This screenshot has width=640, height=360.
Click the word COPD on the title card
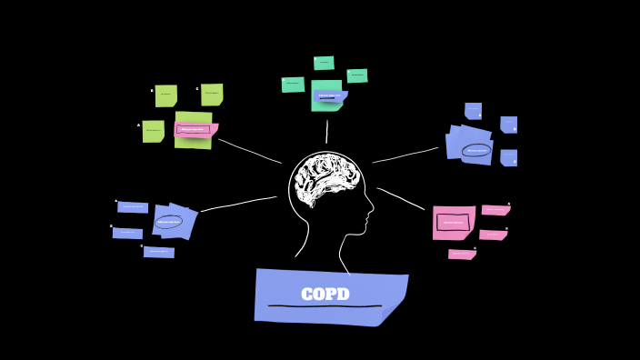tap(325, 295)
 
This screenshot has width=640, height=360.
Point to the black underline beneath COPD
tap(325, 306)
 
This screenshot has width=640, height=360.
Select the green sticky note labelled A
tap(153, 131)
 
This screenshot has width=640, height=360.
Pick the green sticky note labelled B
tap(165, 95)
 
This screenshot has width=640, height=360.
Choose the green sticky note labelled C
tap(212, 94)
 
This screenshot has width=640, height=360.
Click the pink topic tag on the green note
tap(194, 129)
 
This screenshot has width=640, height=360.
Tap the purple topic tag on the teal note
tap(329, 95)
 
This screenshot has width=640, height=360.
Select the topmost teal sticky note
tap(324, 63)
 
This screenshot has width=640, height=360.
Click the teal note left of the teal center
tap(293, 85)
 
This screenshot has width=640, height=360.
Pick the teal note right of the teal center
tap(357, 75)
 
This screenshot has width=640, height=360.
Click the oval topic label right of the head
tap(476, 150)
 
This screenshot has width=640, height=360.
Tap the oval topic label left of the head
tap(169, 221)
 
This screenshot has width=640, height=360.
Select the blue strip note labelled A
tap(133, 207)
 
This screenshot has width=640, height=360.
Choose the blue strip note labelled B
tap(127, 233)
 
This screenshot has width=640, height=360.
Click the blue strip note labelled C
tap(158, 252)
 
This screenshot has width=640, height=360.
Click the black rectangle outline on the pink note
tap(453, 222)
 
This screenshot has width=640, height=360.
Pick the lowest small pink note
tap(462, 255)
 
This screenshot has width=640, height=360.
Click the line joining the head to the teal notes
tap(326, 132)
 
